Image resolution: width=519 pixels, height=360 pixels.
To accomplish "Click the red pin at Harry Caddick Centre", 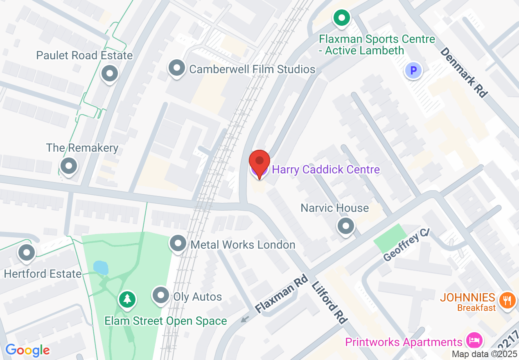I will tap(259, 160).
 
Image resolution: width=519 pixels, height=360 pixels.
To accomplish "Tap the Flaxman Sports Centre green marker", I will tap(341, 18).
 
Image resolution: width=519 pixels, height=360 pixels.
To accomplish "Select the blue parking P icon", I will tap(413, 71).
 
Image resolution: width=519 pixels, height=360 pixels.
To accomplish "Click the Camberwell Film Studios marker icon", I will tap(177, 68).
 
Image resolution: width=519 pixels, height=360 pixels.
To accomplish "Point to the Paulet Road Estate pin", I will tap(109, 74).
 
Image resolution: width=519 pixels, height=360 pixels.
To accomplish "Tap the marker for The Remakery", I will tap(69, 166).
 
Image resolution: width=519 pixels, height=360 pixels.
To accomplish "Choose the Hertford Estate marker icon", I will tap(27, 252).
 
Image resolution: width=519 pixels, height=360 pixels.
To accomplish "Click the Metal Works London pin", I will tap(178, 243).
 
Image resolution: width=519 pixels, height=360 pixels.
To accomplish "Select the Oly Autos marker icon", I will tap(160, 295).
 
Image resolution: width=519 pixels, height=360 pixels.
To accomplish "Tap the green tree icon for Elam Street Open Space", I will tap(127, 299).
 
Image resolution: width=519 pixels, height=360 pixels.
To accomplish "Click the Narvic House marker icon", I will tap(346, 225).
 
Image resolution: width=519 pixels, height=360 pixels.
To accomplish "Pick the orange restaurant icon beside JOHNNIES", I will tap(508, 301).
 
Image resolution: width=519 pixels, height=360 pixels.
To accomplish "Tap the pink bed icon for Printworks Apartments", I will tap(474, 340).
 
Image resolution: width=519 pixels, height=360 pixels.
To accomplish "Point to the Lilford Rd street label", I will tap(329, 302).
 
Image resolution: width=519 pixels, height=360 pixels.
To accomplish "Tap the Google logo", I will tap(27, 350).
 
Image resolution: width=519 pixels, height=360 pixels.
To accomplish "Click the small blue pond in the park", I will tap(101, 268).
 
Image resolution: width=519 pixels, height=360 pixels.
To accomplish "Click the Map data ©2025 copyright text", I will tap(484, 354).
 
